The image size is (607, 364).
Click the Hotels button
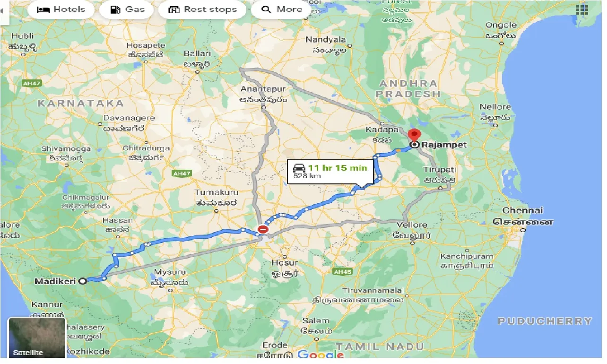point(61,9)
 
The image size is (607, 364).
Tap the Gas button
point(127,9)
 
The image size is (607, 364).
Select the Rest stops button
point(202,9)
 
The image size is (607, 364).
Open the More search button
point(282,9)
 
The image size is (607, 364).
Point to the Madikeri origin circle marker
point(83,281)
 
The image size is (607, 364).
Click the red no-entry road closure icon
point(263,230)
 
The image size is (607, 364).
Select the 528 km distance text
point(307,176)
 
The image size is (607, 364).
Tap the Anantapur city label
point(257,89)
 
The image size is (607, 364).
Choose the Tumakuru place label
point(217,193)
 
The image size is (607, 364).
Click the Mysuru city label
point(170,273)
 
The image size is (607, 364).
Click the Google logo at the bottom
point(321,355)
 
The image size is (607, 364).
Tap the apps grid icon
point(582,10)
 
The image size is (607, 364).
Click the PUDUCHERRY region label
point(545,321)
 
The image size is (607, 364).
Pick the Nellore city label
point(495,107)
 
